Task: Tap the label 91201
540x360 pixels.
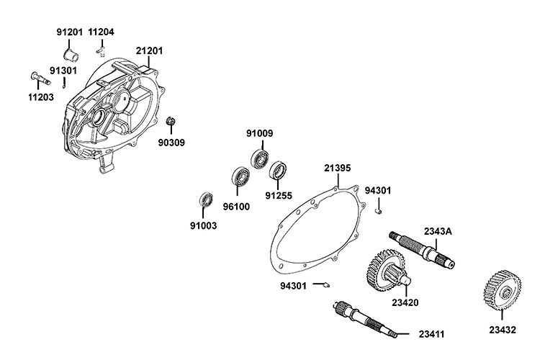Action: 71,32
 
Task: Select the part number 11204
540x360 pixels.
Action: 102,32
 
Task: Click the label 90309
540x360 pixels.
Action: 172,143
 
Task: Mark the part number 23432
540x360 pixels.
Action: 503,330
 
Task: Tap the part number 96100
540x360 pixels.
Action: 235,206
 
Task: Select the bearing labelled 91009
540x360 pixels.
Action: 259,158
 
